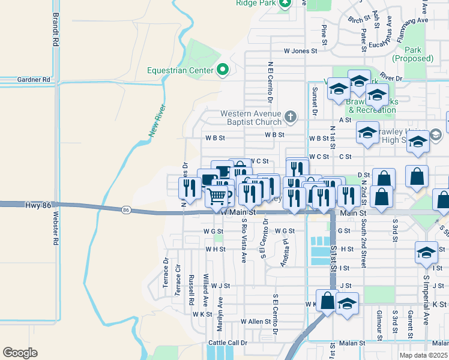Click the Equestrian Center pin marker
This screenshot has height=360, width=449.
coord(223,70)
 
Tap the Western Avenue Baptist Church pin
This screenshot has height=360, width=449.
coord(291,116)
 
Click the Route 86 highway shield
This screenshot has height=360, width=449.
coord(125,210)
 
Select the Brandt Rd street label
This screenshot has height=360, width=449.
coord(56,30)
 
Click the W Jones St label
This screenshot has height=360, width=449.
coord(300,51)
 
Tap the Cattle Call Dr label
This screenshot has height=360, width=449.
coord(228,343)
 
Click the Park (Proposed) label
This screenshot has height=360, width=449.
coord(412,54)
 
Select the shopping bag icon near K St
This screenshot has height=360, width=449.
coord(327,301)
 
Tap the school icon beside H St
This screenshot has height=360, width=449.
coord(426,253)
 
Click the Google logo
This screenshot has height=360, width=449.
coord(20,352)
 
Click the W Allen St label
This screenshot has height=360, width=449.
coord(256,322)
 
